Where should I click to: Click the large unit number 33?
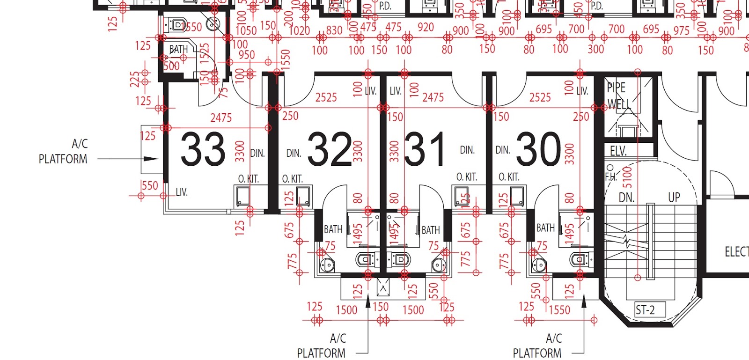203,149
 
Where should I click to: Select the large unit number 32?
330,149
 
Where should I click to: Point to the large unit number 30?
538,149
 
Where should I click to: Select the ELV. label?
618,151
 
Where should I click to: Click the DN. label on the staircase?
626,198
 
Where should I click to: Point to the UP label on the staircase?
674,198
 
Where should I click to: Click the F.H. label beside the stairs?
611,176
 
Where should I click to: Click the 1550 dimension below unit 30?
559,310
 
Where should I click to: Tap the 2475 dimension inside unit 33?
220,118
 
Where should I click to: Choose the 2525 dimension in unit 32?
326,97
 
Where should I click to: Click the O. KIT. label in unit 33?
248,179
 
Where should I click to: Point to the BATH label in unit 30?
545,228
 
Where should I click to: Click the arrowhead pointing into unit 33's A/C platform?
151,159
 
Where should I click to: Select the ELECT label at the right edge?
736,252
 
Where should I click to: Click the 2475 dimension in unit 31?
433,97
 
